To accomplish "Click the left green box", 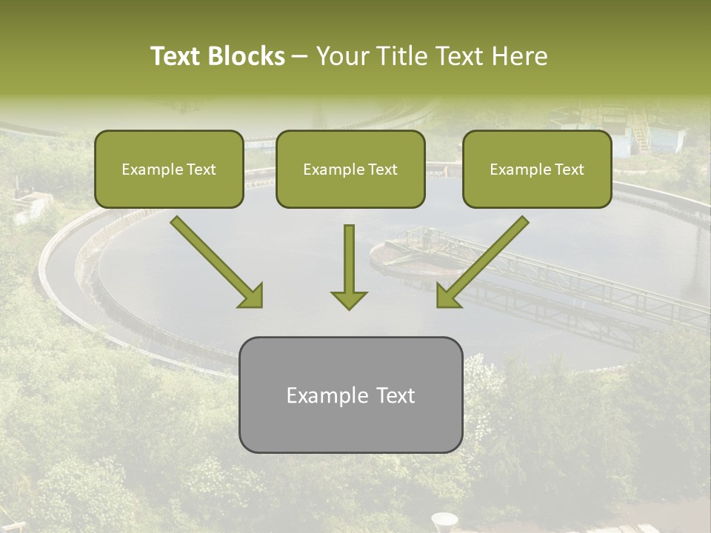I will click(x=169, y=169).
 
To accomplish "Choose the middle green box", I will click(x=350, y=169).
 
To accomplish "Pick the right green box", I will click(x=537, y=169).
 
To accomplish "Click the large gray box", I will click(x=350, y=395).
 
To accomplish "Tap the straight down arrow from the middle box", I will click(x=349, y=266).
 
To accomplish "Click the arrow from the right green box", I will click(x=481, y=263).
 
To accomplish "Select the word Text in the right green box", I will click(x=569, y=170).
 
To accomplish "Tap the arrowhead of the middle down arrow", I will click(x=349, y=299).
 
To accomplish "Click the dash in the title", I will click(x=300, y=57).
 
